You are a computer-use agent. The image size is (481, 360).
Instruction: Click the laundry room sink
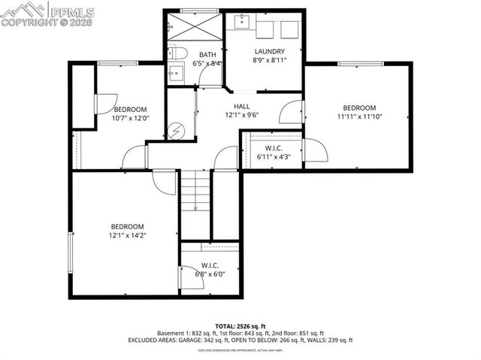click(242, 23)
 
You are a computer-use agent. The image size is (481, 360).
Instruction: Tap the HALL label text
click(242, 107)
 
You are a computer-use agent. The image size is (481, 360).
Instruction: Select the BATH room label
click(207, 55)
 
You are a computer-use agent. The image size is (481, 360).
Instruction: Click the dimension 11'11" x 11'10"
click(358, 116)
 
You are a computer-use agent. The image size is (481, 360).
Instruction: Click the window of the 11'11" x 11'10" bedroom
click(357, 64)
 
